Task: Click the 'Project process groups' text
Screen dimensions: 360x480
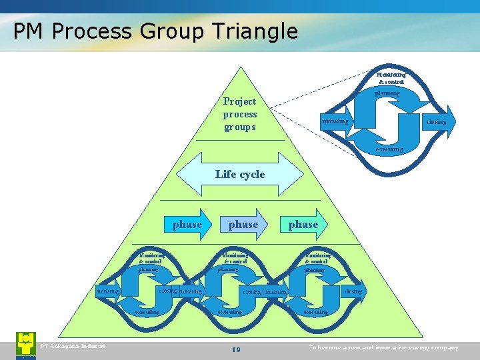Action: pyautogui.click(x=240, y=114)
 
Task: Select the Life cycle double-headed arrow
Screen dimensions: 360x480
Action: pyautogui.click(x=240, y=174)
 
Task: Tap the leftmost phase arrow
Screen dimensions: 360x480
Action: pyautogui.click(x=187, y=225)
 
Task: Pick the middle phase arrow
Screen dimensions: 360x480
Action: pyautogui.click(x=243, y=225)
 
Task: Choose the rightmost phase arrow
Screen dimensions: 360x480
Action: pyautogui.click(x=303, y=225)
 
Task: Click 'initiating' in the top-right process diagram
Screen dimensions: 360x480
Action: pyautogui.click(x=334, y=121)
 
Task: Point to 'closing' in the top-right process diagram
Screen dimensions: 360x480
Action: pyautogui.click(x=437, y=122)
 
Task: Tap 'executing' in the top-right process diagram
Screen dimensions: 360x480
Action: pyautogui.click(x=389, y=149)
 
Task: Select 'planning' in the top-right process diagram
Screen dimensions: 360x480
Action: pyautogui.click(x=387, y=93)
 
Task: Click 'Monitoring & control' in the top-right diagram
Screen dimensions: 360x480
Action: pyautogui.click(x=391, y=78)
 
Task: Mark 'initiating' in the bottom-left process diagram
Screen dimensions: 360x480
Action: pyautogui.click(x=107, y=291)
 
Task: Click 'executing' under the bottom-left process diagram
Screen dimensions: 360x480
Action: pyautogui.click(x=147, y=312)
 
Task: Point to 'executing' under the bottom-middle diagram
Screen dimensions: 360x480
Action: pyautogui.click(x=230, y=312)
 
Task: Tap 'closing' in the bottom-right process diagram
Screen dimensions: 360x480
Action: pyautogui.click(x=353, y=291)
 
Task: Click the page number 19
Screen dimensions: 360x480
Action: pyautogui.click(x=236, y=350)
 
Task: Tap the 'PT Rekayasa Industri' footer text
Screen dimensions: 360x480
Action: pyautogui.click(x=73, y=345)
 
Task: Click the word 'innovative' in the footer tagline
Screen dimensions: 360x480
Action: pyautogui.click(x=398, y=347)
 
